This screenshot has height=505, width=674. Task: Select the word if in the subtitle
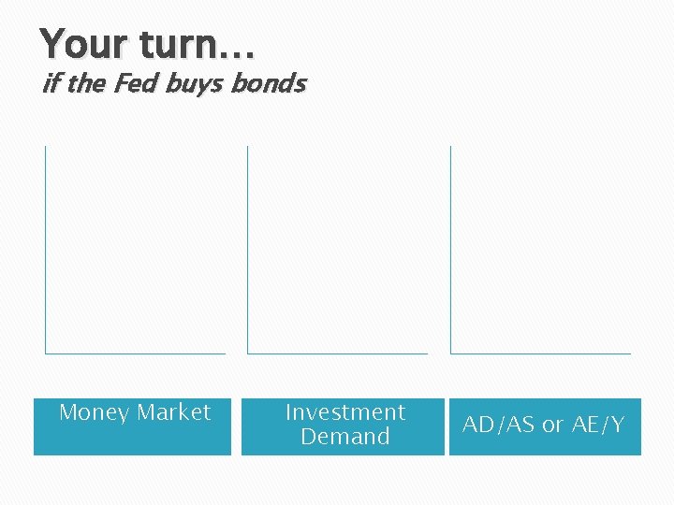(51, 84)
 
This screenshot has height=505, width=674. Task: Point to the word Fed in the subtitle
(136, 84)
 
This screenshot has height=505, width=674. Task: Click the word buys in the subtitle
(194, 84)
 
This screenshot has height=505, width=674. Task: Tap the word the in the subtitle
(86, 84)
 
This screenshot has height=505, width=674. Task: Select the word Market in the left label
(174, 412)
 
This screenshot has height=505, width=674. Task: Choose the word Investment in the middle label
(344, 412)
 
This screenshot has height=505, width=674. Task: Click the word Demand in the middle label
(344, 437)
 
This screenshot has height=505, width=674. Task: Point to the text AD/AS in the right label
(500, 425)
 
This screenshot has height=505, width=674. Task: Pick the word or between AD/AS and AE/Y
(552, 426)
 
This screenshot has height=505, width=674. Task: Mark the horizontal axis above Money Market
(136, 353)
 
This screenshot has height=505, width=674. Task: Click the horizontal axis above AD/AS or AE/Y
(541, 353)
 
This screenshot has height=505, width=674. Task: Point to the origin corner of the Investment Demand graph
(247, 353)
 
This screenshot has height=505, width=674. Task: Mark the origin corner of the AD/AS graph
(450, 353)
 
